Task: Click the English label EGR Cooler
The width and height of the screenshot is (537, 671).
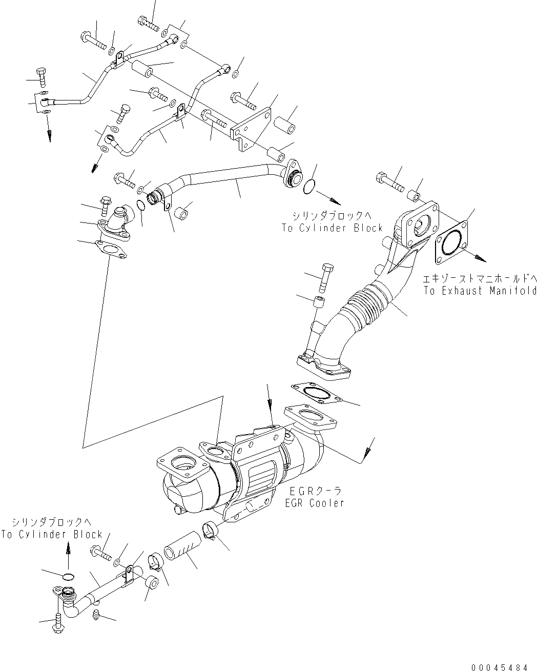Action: [x=315, y=503]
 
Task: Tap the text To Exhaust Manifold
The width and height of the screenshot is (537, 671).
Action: [x=480, y=291]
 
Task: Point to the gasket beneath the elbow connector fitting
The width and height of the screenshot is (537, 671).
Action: [x=110, y=251]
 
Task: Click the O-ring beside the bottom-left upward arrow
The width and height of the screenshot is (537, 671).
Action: [x=66, y=577]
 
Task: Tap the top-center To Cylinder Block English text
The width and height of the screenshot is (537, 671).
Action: [x=332, y=228]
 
